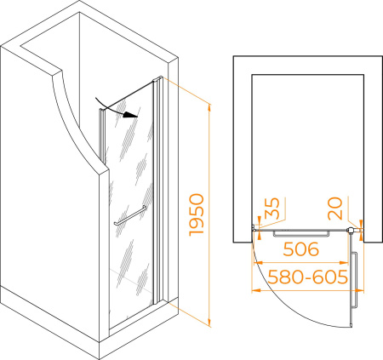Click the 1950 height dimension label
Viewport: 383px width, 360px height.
197,214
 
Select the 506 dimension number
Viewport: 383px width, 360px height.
301,249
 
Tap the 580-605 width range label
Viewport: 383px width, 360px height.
307,277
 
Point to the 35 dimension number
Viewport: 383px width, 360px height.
272,208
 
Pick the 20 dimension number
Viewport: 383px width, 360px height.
335,209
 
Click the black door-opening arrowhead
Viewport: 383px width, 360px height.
130,114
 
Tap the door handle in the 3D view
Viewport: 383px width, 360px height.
130,215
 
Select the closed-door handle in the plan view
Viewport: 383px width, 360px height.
301,234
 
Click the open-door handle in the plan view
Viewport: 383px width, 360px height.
354,280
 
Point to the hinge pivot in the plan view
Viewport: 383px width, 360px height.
351,230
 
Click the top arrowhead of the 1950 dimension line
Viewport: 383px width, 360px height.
209,109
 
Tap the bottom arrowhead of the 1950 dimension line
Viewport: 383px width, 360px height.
209,322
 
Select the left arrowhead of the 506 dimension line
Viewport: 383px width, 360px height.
258,263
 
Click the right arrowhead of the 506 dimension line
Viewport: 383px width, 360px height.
344,263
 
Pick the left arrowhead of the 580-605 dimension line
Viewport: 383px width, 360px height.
256,290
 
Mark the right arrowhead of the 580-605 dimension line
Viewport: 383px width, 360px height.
359,290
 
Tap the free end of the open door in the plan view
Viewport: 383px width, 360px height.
352,326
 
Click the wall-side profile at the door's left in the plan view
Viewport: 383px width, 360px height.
254,228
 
